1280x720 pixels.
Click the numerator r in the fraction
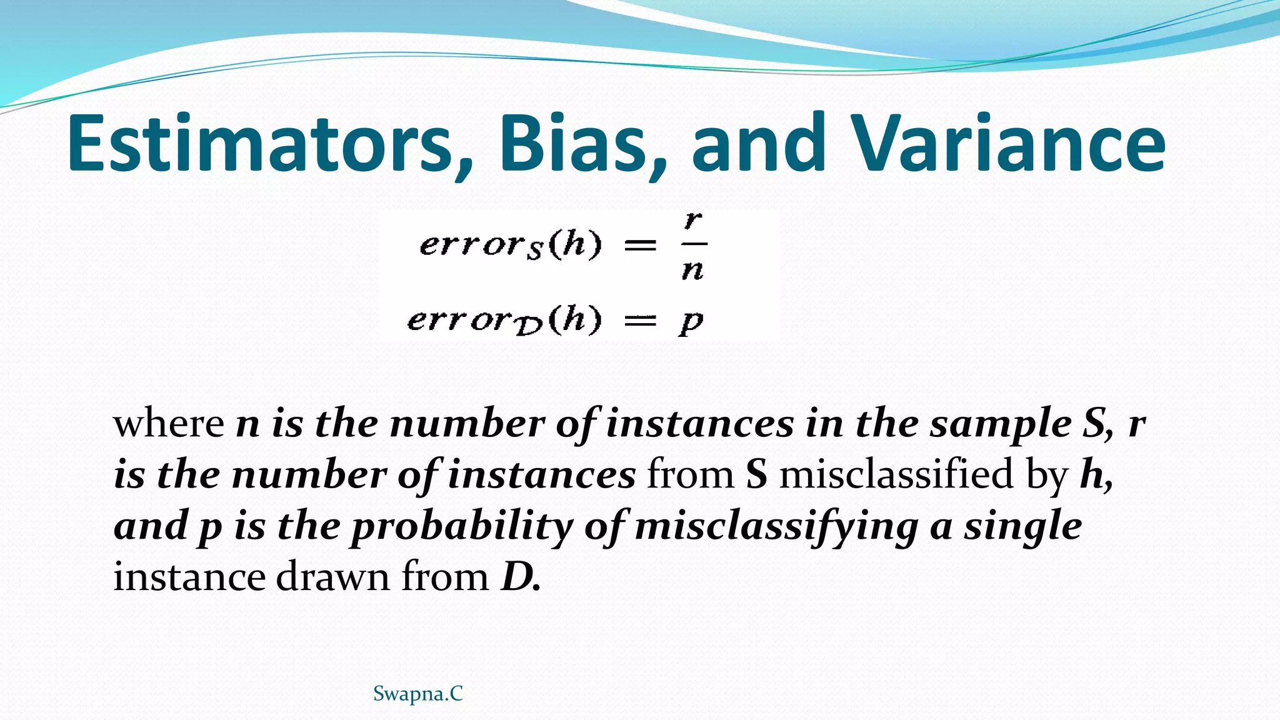coord(693,221)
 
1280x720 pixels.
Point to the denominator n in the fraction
coord(692,270)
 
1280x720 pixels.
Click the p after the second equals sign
coord(691,322)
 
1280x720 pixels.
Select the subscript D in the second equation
coord(529,328)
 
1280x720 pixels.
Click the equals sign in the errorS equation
coord(641,246)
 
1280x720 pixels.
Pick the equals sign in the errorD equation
coord(641,321)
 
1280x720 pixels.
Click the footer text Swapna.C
coord(417,694)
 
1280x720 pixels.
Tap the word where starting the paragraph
coord(168,424)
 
